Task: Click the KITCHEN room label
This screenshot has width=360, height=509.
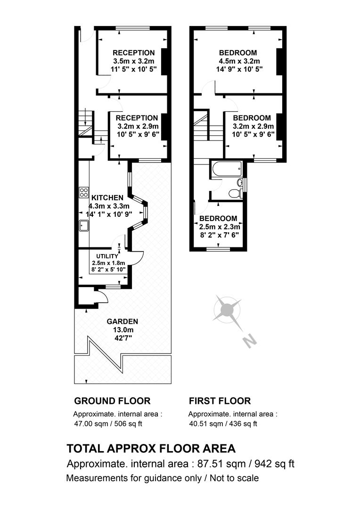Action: [107, 197]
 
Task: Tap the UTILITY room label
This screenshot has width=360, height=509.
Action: [107, 256]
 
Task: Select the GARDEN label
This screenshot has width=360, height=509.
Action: [123, 322]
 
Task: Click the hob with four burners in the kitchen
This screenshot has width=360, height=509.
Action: [84, 192]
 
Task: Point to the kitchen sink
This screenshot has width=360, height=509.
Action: [84, 225]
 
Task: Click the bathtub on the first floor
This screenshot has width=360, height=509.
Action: [226, 169]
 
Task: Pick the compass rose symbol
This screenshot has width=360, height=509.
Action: [227, 310]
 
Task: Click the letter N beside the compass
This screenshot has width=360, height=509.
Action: [250, 341]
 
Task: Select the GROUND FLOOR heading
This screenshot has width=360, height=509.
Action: [112, 401]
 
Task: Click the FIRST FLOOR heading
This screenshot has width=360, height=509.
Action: [220, 401]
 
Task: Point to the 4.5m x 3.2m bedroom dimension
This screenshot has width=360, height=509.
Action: [239, 61]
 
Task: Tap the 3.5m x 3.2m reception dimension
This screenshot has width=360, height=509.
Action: [133, 61]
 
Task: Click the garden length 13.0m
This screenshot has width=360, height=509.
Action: [123, 330]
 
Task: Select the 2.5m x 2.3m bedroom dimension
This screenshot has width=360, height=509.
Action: [220, 227]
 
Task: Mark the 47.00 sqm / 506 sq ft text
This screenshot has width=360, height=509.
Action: [108, 424]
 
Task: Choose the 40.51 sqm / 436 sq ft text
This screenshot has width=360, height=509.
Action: [223, 424]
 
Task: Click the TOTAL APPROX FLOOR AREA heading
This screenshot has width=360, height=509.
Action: [151, 449]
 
